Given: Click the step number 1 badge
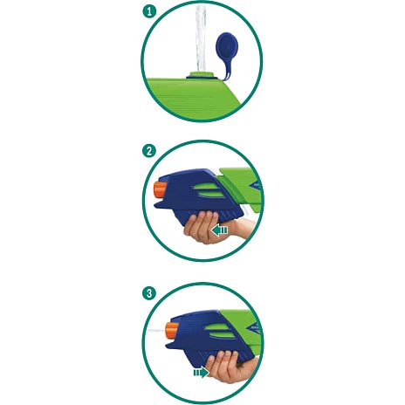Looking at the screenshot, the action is pyautogui.click(x=149, y=11).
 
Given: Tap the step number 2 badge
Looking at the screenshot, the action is pyautogui.click(x=149, y=151).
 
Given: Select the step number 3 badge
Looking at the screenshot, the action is pyautogui.click(x=149, y=293).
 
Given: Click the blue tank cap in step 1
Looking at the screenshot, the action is pyautogui.click(x=227, y=46).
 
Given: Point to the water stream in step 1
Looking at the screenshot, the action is pyautogui.click(x=201, y=38).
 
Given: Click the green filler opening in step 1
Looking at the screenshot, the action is pyautogui.click(x=201, y=75).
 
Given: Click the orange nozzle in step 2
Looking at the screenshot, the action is pyautogui.click(x=160, y=190).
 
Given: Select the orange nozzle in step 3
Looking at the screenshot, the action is pyautogui.click(x=172, y=331).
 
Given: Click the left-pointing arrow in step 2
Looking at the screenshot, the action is pyautogui.click(x=219, y=230).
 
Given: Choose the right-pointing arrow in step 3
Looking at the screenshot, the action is pyautogui.click(x=202, y=372).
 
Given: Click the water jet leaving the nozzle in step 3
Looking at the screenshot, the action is pyautogui.click(x=156, y=331).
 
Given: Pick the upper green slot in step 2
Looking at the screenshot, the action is pyautogui.click(x=206, y=187).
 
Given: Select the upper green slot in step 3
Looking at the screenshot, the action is pyautogui.click(x=217, y=328).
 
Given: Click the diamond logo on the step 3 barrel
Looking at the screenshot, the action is pyautogui.click(x=255, y=329).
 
